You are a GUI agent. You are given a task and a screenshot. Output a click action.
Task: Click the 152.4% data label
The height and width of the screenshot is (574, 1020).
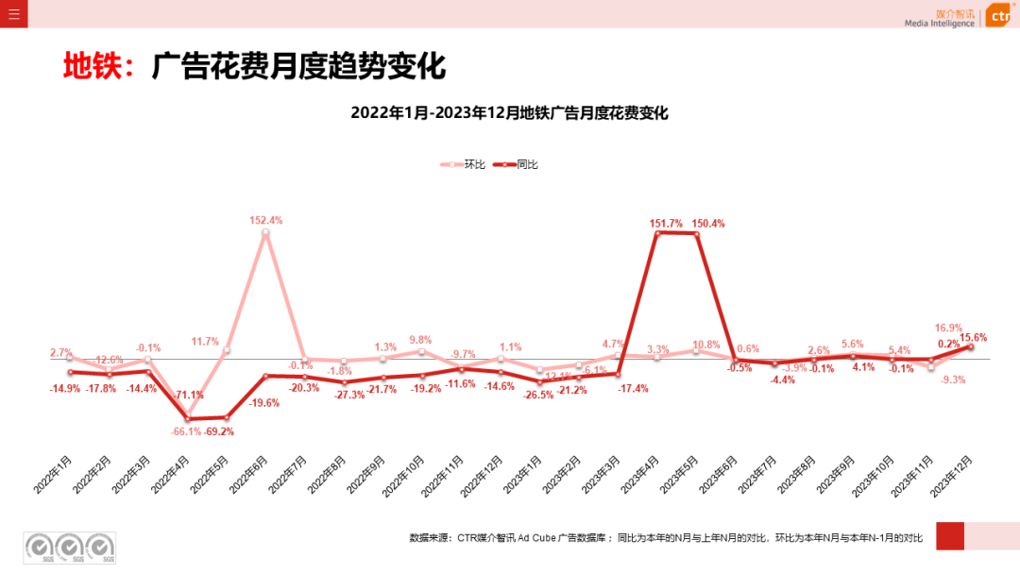(x=265, y=220)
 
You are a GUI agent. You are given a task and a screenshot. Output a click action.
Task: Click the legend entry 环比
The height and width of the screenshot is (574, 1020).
(x=465, y=164)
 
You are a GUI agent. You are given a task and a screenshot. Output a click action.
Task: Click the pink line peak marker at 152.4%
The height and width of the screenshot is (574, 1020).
(x=265, y=231)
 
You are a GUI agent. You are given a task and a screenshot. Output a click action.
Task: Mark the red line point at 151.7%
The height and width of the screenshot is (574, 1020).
(x=657, y=232)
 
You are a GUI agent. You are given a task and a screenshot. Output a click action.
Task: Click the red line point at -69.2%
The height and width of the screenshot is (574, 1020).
(x=226, y=417)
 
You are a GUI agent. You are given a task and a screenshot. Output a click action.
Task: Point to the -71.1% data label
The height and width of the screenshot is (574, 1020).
(x=187, y=395)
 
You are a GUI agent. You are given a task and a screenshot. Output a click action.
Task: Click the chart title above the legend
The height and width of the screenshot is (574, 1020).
(x=509, y=113)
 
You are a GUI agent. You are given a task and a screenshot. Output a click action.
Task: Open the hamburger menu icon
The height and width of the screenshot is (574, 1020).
(x=13, y=13)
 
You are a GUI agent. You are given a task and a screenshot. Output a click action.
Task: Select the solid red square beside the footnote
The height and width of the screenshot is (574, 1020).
(x=949, y=535)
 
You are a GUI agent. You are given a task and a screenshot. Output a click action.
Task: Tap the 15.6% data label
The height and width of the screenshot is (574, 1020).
(x=974, y=337)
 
